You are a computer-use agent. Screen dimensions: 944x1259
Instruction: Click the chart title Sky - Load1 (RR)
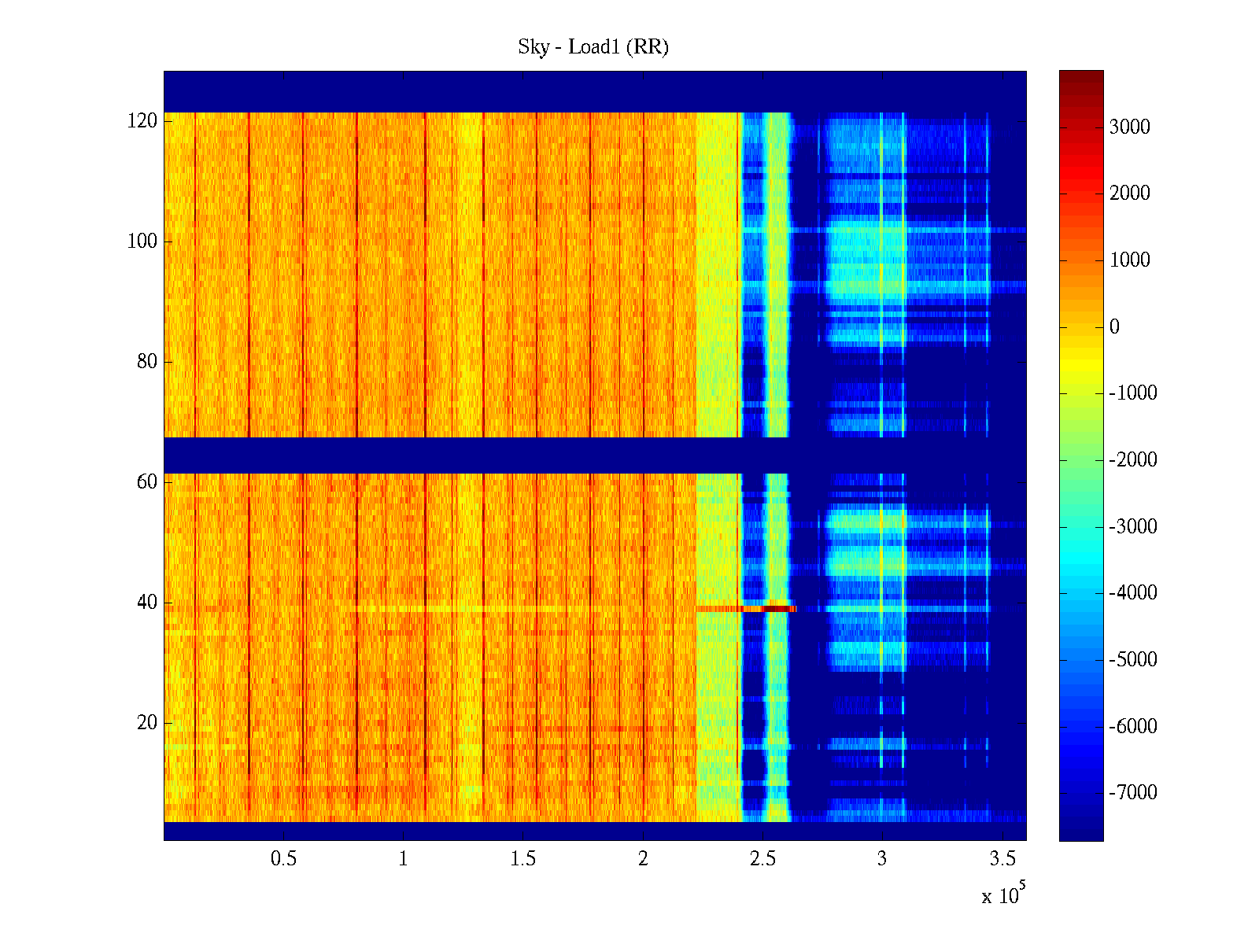pos(593,47)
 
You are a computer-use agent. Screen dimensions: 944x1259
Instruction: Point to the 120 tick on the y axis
pos(142,121)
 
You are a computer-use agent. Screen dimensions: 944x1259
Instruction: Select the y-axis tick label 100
pos(142,242)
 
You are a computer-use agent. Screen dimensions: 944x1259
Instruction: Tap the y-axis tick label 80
pos(147,362)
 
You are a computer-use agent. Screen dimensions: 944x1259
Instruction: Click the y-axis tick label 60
pos(147,482)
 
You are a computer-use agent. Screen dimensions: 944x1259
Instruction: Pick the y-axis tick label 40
pos(147,603)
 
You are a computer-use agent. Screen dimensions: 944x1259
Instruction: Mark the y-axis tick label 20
pos(147,723)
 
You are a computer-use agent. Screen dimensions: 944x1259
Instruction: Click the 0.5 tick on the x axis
pos(283,859)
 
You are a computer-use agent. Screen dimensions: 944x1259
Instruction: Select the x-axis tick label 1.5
pos(523,859)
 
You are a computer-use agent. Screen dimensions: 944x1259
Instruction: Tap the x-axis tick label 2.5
pos(762,859)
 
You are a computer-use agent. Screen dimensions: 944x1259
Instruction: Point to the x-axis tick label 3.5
pos(1002,859)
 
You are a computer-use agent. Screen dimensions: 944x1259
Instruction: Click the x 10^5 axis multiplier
pos(1002,895)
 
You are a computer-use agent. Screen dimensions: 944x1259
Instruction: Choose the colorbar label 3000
pos(1130,127)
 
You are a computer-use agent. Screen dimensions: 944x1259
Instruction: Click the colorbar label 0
pos(1114,327)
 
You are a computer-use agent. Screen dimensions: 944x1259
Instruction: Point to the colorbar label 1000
pos(1130,260)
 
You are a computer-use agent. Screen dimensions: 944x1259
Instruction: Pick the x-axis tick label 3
pos(882,859)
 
